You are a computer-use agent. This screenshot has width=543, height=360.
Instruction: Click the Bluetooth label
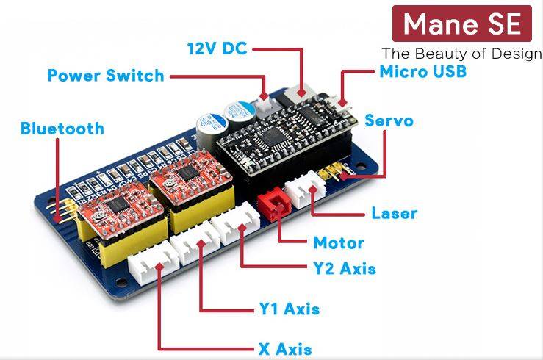tap(62, 129)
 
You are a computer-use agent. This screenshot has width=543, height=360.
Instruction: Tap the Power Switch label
tap(106, 76)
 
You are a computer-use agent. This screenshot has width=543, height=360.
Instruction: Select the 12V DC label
tap(217, 49)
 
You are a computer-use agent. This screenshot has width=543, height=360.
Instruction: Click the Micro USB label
tap(422, 71)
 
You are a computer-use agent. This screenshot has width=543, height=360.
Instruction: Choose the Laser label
tap(394, 214)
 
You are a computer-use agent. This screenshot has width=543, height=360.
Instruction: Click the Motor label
tap(338, 242)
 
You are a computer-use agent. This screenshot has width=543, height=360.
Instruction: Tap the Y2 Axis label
tap(344, 268)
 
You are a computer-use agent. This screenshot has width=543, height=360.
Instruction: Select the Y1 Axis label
tap(289, 309)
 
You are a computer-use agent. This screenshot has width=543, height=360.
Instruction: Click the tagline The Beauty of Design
tap(461, 54)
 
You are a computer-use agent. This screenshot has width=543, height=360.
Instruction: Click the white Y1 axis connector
tap(195, 240)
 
